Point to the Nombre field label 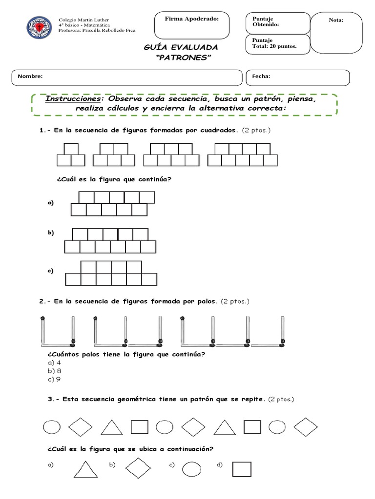30,77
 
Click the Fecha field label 261,77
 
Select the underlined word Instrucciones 72,99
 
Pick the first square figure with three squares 71,155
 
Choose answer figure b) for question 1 110,241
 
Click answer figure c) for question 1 111,273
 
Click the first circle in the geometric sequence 51,427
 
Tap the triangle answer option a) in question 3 85,469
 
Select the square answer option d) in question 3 242,469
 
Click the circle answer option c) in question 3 192,469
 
